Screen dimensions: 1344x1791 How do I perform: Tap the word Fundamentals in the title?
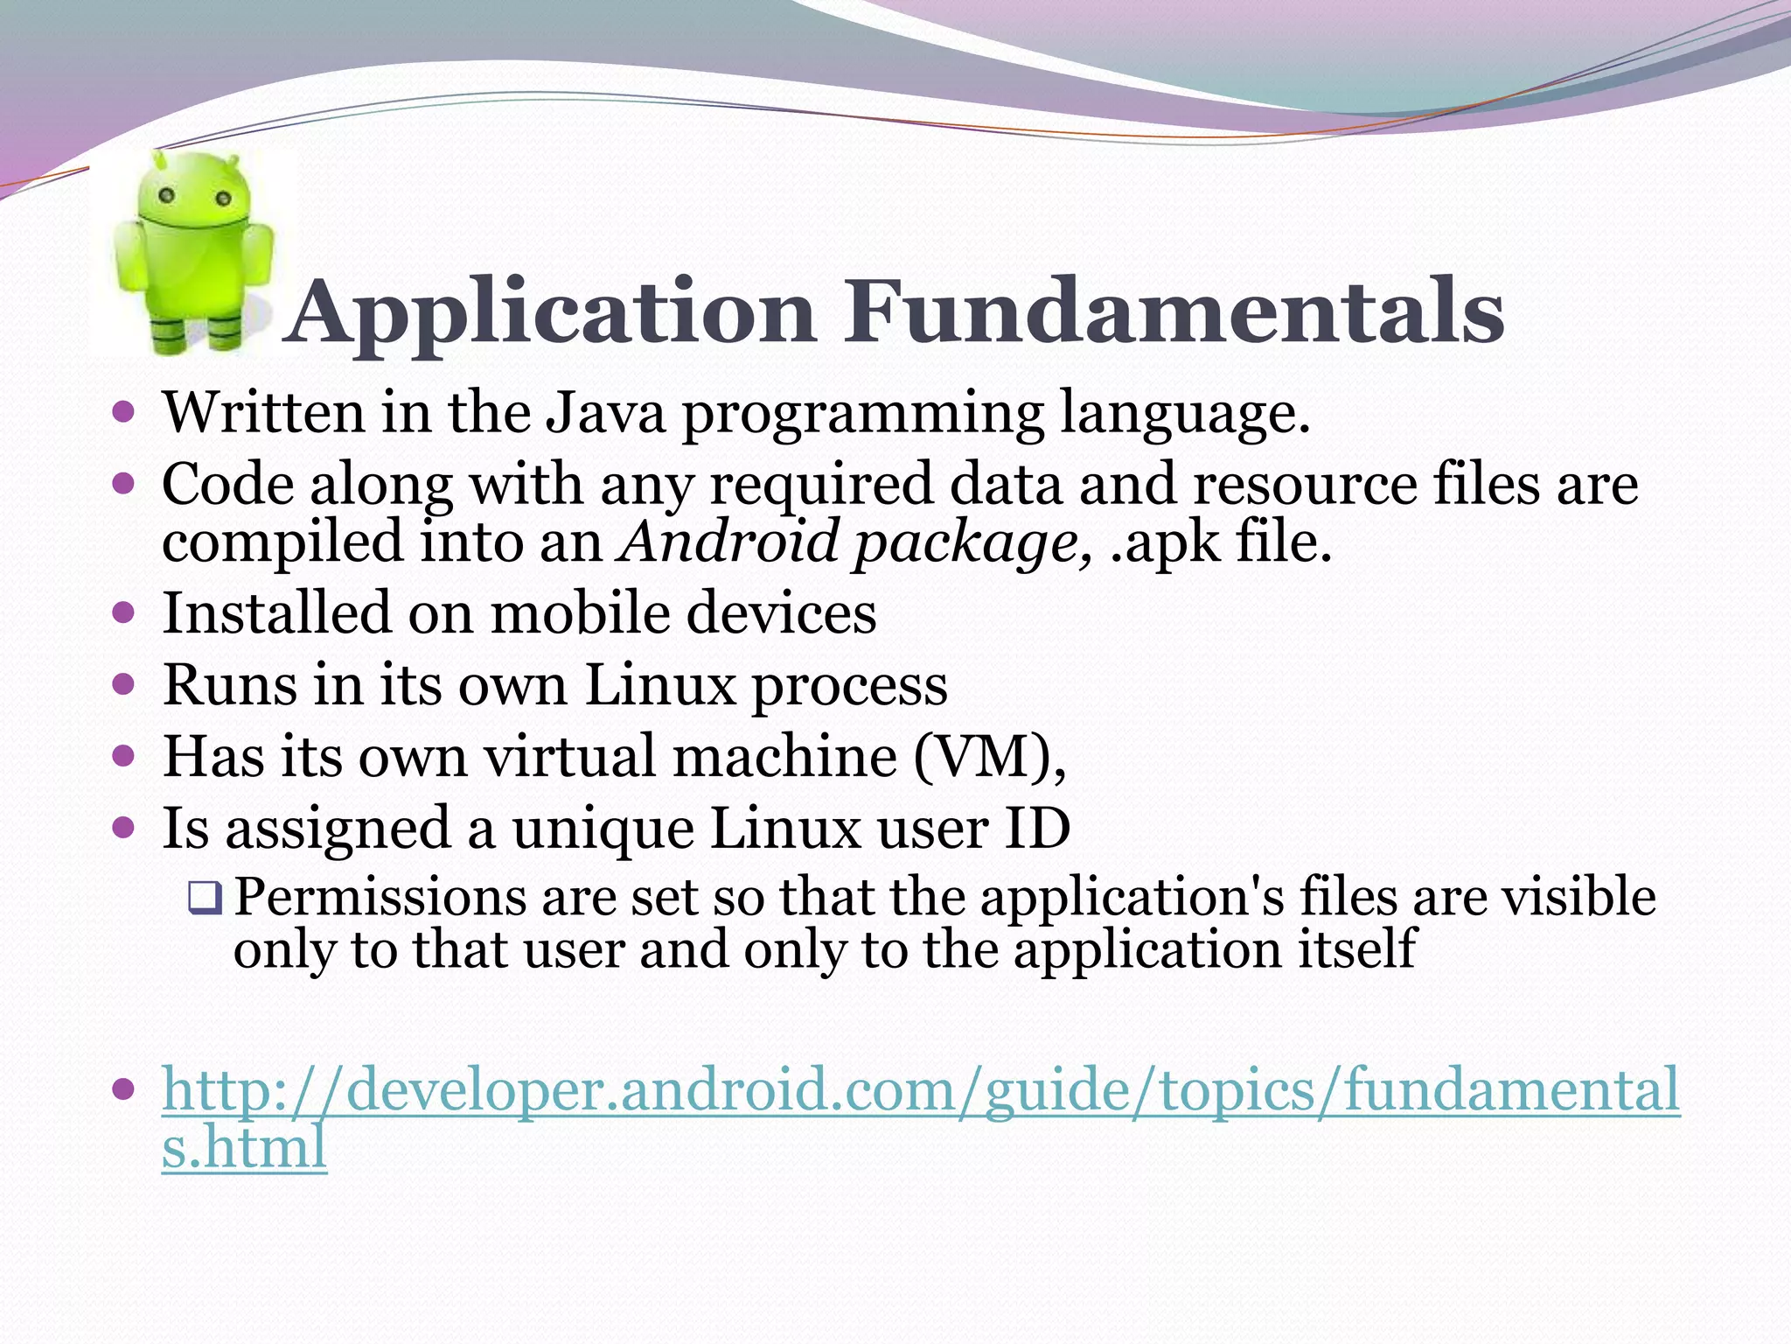(1174, 311)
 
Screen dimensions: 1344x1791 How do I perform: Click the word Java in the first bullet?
(605, 412)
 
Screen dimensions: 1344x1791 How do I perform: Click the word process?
(850, 686)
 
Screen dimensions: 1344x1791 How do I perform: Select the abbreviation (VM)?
(989, 757)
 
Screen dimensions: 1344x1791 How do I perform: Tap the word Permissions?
(380, 898)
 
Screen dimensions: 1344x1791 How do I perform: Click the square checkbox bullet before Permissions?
(206, 898)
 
